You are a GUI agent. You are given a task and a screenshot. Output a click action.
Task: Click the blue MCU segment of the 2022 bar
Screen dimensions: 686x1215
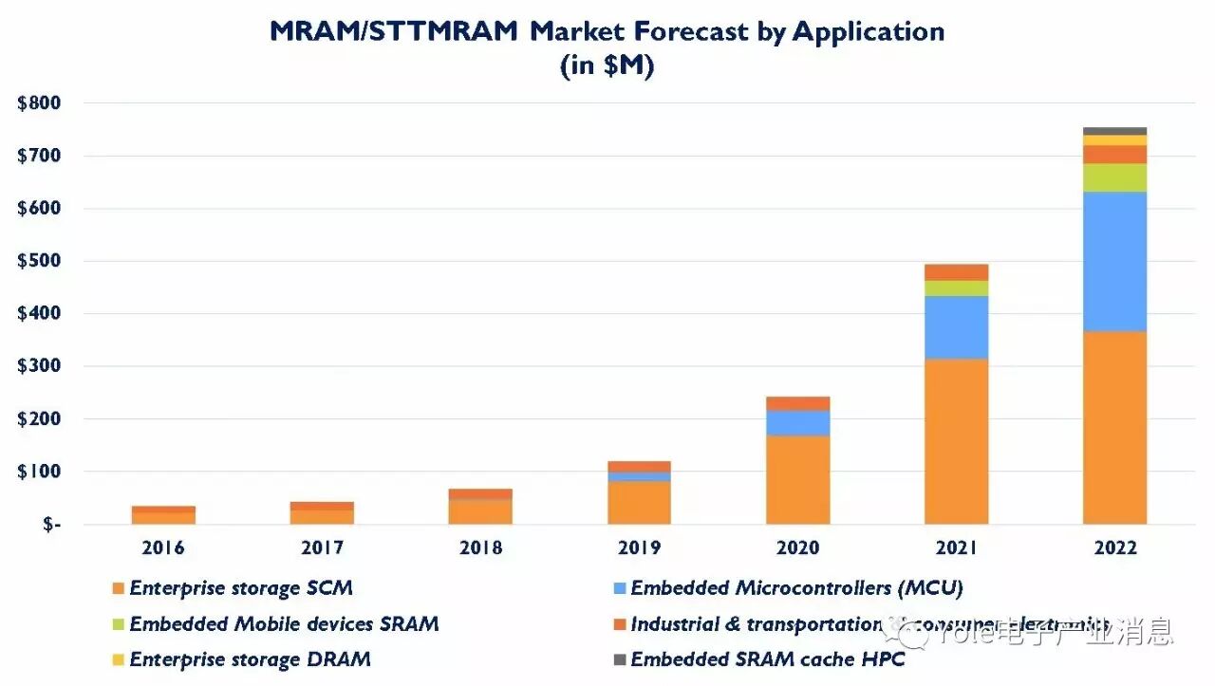tap(1114, 261)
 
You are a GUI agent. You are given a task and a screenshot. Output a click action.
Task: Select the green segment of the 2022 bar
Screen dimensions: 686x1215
tap(1114, 177)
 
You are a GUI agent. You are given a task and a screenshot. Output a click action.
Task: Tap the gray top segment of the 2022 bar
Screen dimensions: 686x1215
tap(1114, 131)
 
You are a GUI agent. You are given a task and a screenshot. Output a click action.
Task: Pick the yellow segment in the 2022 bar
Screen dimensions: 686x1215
tap(1114, 140)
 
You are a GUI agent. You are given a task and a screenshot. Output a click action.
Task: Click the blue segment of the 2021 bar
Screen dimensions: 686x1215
tap(956, 327)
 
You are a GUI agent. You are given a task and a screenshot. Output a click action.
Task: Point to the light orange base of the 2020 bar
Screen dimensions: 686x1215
tap(797, 479)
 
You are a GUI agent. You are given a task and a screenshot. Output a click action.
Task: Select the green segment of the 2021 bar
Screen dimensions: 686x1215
tap(956, 288)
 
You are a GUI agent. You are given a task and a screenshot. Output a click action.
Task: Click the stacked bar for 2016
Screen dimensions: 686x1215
tap(163, 515)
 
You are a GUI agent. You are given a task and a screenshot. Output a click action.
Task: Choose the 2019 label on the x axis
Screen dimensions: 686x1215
tap(639, 548)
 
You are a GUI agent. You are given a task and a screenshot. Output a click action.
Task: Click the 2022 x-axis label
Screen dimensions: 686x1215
tap(1114, 548)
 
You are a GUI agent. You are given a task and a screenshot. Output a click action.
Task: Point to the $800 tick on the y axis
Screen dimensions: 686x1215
tap(39, 103)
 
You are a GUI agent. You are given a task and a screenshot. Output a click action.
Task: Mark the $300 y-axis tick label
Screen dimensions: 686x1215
tap(39, 366)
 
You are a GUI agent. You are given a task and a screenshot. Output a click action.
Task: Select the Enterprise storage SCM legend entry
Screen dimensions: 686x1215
tap(240, 588)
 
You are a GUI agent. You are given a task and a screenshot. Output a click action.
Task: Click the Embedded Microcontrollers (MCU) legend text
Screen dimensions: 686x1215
tap(796, 588)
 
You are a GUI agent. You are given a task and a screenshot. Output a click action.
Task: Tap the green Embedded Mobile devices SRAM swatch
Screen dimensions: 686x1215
tap(118, 624)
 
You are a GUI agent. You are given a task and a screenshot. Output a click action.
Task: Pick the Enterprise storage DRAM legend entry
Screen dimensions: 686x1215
tap(250, 659)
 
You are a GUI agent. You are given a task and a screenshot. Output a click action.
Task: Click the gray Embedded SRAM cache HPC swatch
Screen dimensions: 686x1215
tap(619, 659)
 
